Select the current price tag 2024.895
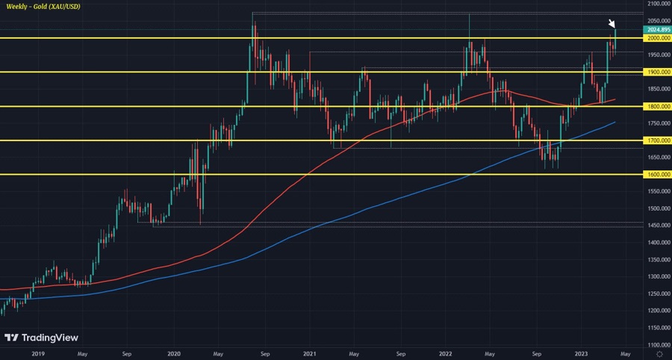point(658,30)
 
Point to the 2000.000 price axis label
point(658,38)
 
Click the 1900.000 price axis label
point(658,72)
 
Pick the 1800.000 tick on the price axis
point(658,106)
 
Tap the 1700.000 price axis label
point(658,140)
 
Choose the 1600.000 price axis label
point(658,174)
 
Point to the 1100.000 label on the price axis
point(658,345)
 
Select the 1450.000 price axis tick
point(658,226)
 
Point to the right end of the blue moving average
point(615,122)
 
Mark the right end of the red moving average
point(615,99)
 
